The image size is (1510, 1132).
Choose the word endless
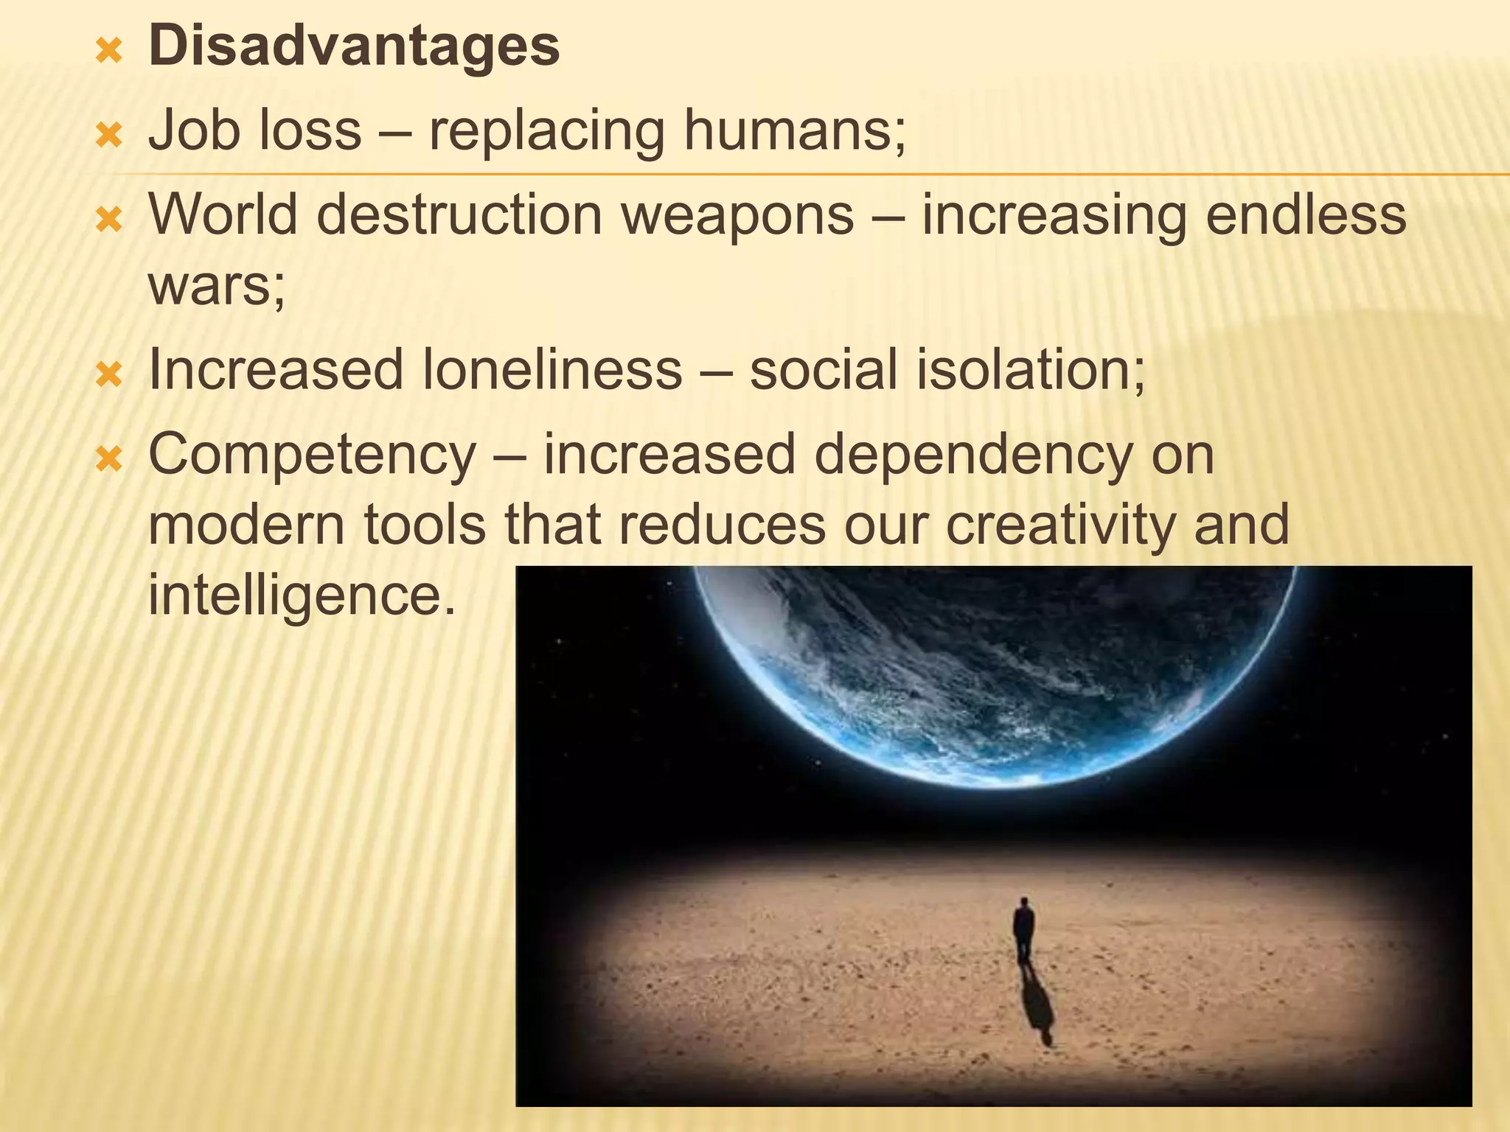(x=1305, y=215)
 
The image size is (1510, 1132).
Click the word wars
(x=215, y=286)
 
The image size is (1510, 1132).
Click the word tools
(x=425, y=525)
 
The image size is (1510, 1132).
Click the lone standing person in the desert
(x=1023, y=930)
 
